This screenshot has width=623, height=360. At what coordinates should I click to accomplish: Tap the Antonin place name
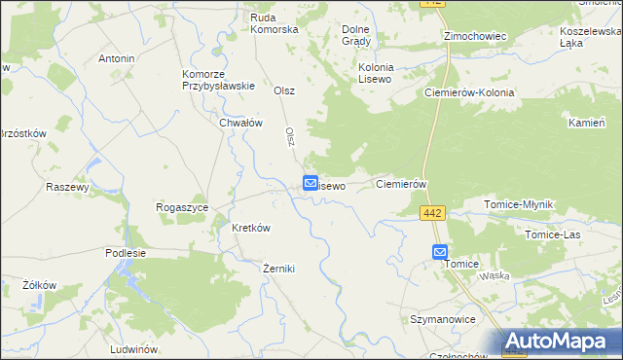[116, 58]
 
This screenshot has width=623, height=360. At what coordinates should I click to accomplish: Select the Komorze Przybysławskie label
[218, 79]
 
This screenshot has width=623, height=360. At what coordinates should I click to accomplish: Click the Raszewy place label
[67, 187]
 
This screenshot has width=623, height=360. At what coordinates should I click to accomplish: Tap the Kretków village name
[250, 228]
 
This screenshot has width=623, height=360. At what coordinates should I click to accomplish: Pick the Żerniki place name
[278, 269]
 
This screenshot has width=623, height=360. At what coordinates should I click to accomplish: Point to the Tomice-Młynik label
[519, 205]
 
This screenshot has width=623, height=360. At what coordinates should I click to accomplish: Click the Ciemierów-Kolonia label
[469, 92]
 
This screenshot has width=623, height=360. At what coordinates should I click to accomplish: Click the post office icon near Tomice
[440, 251]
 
